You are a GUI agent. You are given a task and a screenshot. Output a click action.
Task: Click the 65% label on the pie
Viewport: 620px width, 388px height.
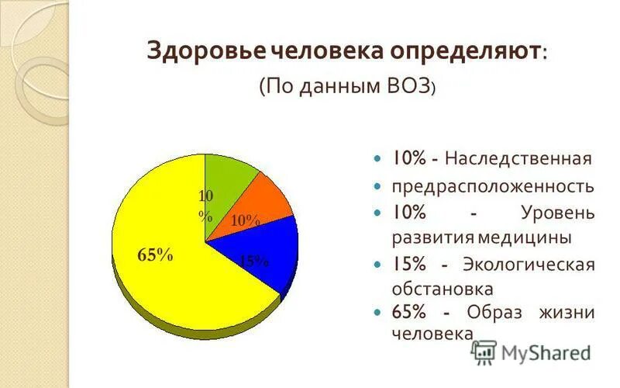pos(155,255)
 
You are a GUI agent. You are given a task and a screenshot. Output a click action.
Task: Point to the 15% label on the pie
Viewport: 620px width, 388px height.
pos(253,262)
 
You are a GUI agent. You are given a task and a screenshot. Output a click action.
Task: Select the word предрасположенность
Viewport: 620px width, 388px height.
pos(493,186)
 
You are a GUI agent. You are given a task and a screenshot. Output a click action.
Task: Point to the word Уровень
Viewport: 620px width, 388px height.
pos(557,212)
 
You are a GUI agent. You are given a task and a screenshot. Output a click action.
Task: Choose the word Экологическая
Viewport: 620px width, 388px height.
pos(529,264)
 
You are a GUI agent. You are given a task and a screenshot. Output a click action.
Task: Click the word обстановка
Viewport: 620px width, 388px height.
pos(443,289)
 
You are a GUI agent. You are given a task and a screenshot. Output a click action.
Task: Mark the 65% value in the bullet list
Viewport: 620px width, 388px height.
pos(408,313)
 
